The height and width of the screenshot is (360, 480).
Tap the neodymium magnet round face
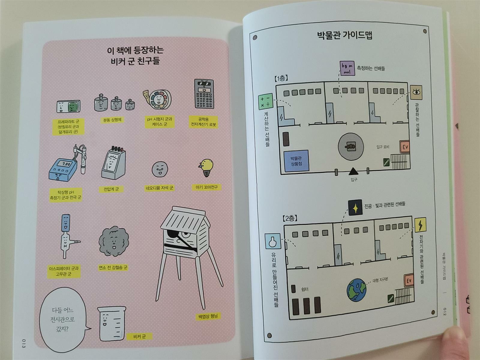tap(160, 170)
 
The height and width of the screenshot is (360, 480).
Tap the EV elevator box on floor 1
tap(405, 147)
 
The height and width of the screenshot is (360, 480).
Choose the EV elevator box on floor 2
tap(409, 281)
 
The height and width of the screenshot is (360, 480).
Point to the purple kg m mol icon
tap(346, 69)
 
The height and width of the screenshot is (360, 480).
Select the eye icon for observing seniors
tap(417, 91)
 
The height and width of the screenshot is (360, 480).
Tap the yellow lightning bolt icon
tap(420, 225)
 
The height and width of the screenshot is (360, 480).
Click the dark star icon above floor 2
tap(355, 208)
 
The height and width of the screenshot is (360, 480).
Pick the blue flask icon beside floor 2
tap(272, 242)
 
